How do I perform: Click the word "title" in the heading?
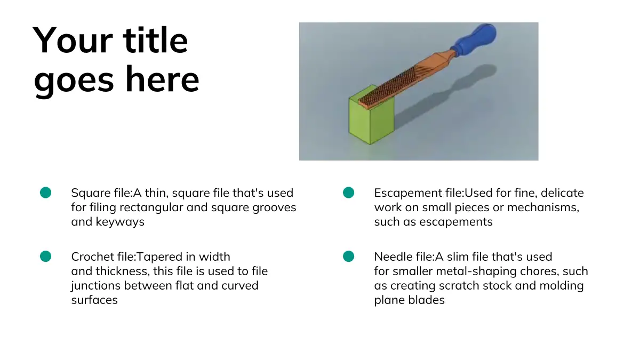(155, 40)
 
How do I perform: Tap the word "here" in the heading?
(162, 79)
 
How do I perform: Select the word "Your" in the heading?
(73, 40)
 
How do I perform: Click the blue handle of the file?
(475, 38)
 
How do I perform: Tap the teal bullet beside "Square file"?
(46, 193)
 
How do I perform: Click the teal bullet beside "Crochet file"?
(46, 257)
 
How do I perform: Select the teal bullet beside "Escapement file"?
(349, 193)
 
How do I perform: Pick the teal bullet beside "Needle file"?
(349, 257)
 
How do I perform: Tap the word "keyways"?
(120, 222)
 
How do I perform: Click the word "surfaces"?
(94, 300)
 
